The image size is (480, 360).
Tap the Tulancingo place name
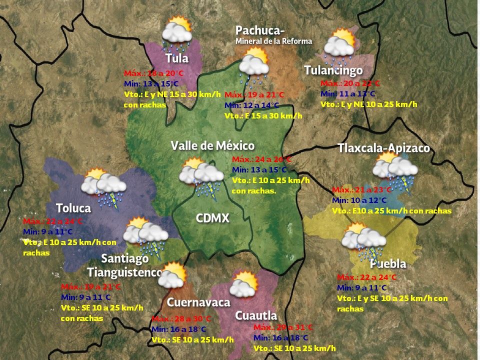[333, 70]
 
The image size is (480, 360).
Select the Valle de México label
[212, 145]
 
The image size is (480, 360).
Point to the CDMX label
[212, 218]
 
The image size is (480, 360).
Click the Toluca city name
[73, 208]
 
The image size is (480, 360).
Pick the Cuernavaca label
[198, 302]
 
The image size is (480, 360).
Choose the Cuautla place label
[256, 315]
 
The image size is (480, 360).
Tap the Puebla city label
[388, 263]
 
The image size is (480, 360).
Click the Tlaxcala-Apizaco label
[383, 148]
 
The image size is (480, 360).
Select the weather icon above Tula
[177, 33]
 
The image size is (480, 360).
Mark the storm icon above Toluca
[103, 187]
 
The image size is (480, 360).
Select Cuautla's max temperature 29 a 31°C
[283, 327]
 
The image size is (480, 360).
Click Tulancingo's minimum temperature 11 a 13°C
[347, 94]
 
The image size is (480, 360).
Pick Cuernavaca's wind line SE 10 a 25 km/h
[192, 340]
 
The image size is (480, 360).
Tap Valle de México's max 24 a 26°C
[261, 159]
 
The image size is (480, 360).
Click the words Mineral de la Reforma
[273, 41]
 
